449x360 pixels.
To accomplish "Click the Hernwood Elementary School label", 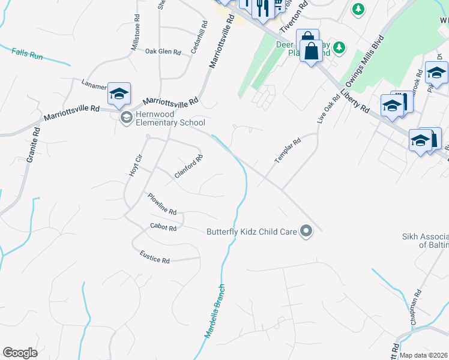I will [x=171, y=119].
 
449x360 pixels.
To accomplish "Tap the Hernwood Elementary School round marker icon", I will [x=126, y=117].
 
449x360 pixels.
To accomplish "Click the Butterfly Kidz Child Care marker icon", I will [x=306, y=231].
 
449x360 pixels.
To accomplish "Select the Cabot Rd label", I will [x=163, y=228].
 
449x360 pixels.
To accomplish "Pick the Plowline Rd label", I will [x=162, y=204].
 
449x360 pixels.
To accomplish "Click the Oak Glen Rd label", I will [x=163, y=52].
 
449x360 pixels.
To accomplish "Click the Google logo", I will [x=20, y=353].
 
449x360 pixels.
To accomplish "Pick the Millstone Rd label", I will [x=136, y=37].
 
